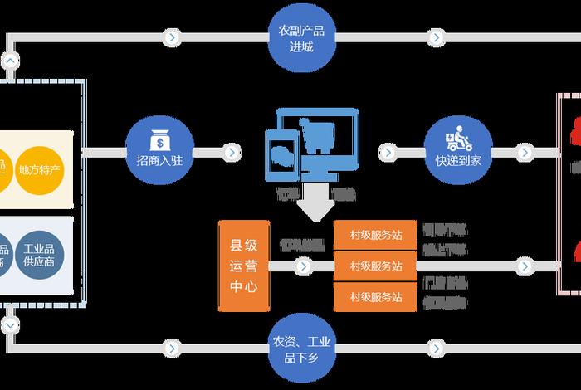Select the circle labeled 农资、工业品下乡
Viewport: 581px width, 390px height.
tap(301, 348)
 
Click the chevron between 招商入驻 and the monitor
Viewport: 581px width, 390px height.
tap(232, 153)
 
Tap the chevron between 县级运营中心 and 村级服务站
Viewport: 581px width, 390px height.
tap(303, 266)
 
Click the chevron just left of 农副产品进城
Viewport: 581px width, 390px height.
tap(171, 37)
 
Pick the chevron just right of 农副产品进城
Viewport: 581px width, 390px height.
tap(435, 37)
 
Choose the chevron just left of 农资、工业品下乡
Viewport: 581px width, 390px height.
tap(171, 347)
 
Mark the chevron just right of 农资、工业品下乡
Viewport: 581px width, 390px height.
tap(435, 347)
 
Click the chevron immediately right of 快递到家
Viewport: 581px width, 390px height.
tap(525, 153)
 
